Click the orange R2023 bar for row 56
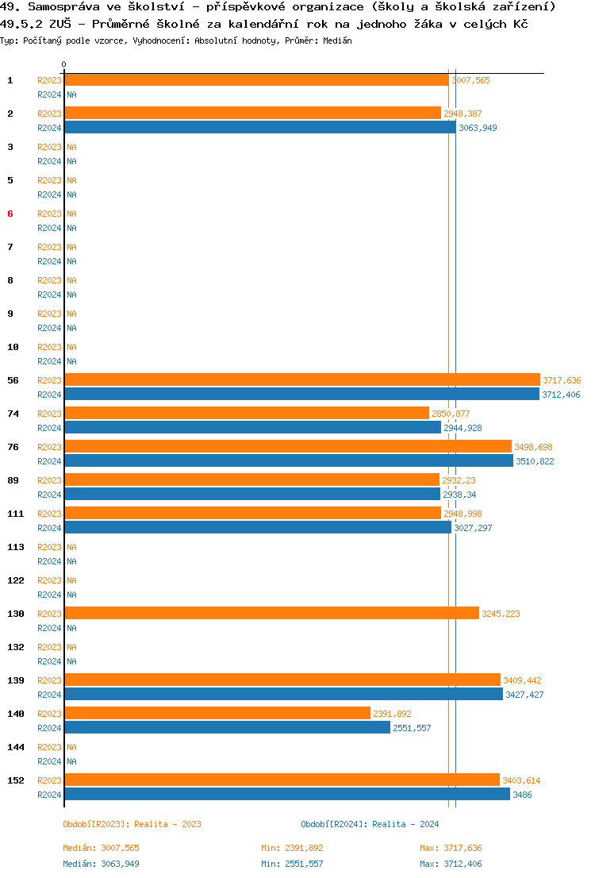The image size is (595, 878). pos(301,380)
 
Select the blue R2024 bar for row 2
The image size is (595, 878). pos(259,128)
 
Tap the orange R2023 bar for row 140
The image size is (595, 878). pos(217,714)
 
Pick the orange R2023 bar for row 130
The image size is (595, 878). pos(271,614)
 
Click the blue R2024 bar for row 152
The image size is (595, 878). pos(286,795)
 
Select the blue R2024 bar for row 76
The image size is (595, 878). pos(288,461)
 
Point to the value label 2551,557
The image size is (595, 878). pos(412,728)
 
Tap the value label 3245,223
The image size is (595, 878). pos(501,614)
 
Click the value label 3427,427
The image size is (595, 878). pos(524,695)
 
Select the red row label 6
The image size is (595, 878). pos(10,214)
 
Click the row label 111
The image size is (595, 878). pos(16,514)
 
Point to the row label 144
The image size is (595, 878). pos(16,747)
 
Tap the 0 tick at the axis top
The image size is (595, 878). pos(64,64)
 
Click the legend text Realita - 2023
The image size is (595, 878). pos(167,824)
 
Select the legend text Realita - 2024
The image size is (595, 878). pos(405,824)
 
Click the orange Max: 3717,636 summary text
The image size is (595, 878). pos(451,849)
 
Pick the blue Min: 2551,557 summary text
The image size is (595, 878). pos(292,864)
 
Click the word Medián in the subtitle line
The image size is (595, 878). pos(337,40)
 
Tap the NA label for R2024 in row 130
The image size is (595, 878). pos(71,628)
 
